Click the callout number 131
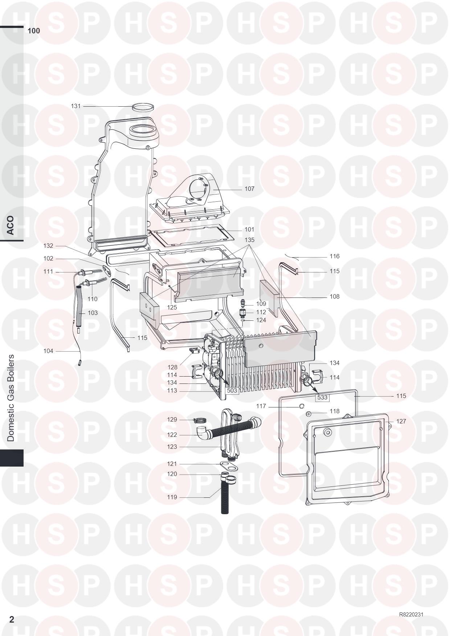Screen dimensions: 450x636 (75, 106)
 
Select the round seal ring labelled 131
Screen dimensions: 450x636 (142, 107)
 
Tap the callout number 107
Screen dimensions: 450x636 (249, 189)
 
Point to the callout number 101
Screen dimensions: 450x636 (249, 230)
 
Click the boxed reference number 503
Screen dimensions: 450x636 (232, 391)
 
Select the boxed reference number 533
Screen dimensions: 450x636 (322, 397)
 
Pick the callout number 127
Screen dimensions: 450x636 (401, 422)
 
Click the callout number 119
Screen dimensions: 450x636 (172, 497)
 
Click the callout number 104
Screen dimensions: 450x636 (48, 351)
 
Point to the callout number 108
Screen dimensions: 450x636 (335, 297)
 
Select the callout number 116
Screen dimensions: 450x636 (335, 257)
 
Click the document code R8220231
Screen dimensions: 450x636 (411, 615)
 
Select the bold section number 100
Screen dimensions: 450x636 (34, 31)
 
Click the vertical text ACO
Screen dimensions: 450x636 (11, 225)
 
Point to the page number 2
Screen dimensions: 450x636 (12, 619)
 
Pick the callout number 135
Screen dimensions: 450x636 (249, 240)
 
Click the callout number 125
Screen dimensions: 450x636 (172, 308)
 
